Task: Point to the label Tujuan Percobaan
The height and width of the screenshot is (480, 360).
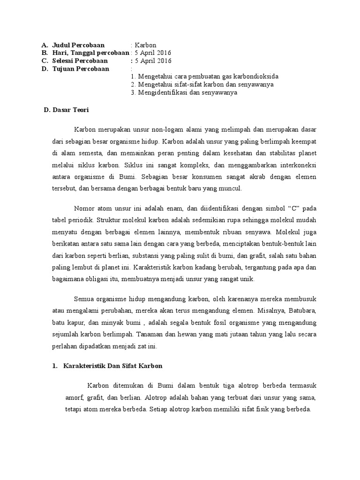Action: [80, 69]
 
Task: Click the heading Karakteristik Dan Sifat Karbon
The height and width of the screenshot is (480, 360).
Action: [112, 365]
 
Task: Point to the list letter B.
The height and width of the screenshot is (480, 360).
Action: [44, 53]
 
